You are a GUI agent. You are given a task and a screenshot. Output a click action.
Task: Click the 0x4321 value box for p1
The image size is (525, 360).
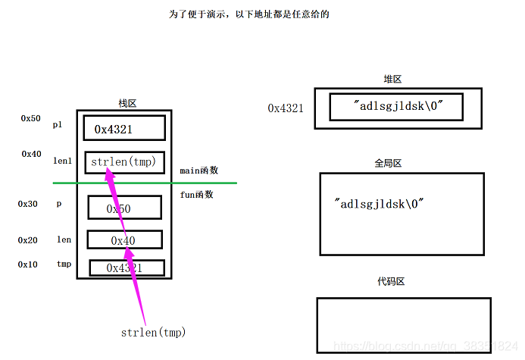[x=124, y=129]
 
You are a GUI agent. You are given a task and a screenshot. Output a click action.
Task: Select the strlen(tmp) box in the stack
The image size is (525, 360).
[x=124, y=162]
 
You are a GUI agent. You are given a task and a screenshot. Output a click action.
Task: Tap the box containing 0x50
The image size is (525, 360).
[x=124, y=208]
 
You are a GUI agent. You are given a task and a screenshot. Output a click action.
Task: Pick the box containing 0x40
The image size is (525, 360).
[x=124, y=240]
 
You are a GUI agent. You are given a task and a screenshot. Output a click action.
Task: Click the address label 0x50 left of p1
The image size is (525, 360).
[x=31, y=119]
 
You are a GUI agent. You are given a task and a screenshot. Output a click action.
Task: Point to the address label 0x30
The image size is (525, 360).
[x=28, y=204]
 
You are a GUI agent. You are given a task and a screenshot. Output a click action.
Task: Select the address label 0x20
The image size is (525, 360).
[x=28, y=240]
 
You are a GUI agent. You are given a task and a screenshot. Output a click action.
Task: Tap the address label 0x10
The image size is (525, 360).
[x=28, y=265]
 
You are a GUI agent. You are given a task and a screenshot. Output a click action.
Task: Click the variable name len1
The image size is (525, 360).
[x=62, y=161]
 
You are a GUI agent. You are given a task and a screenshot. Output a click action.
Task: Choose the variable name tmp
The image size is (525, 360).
[x=64, y=265]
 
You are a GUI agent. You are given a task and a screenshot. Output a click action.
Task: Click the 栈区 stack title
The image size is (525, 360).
[x=127, y=103]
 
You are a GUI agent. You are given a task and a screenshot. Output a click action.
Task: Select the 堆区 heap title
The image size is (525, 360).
[x=392, y=80]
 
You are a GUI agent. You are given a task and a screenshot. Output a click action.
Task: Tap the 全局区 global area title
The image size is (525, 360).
[x=387, y=163]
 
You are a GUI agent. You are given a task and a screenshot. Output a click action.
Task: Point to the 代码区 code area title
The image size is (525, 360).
[x=391, y=282]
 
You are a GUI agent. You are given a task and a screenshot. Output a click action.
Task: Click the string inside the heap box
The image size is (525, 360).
[x=397, y=107]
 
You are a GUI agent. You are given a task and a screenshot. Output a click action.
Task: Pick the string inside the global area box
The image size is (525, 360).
[x=379, y=204]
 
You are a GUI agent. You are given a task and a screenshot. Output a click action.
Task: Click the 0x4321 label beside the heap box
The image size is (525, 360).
[x=286, y=108]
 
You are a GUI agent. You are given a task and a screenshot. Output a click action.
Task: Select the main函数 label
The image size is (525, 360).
[x=199, y=171]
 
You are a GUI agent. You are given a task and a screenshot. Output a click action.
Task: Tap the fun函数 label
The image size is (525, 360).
[x=196, y=195]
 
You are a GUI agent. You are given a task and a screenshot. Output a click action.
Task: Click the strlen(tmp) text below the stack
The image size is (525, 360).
[x=153, y=332]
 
